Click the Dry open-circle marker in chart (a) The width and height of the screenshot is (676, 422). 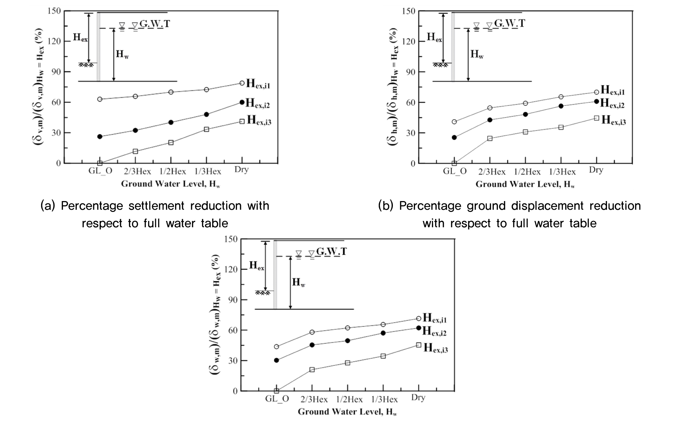point(242,83)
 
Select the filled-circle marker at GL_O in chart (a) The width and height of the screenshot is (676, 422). point(100,136)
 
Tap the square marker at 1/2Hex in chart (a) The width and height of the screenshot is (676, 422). point(171,142)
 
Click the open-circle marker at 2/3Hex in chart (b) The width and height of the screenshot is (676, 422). point(490,108)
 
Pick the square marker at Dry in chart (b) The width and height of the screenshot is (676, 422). point(597,118)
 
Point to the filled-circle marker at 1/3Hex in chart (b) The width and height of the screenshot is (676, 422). point(561,106)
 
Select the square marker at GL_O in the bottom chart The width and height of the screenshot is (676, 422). point(276,391)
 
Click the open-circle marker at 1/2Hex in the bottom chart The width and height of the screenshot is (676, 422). point(347,328)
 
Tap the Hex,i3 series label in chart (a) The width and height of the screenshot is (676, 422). point(259,120)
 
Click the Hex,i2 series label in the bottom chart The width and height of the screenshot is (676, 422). point(435,331)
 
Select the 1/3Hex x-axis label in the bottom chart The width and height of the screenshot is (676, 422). point(384,400)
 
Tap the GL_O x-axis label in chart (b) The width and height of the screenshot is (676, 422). point(455,171)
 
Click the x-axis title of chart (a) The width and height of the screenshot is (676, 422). point(170,184)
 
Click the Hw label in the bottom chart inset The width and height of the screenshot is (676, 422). point(299,282)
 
